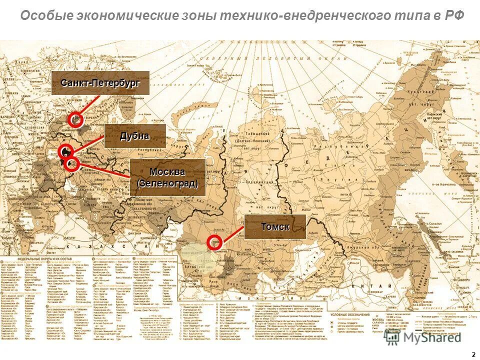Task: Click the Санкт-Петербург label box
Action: click(100, 83)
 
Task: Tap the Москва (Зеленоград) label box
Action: click(167, 177)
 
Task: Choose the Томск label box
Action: click(275, 226)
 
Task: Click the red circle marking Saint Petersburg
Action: click(76, 119)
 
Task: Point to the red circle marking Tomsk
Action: click(214, 241)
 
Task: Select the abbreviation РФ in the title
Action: click(453, 15)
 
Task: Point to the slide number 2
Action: click(473, 354)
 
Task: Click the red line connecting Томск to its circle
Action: click(232, 234)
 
